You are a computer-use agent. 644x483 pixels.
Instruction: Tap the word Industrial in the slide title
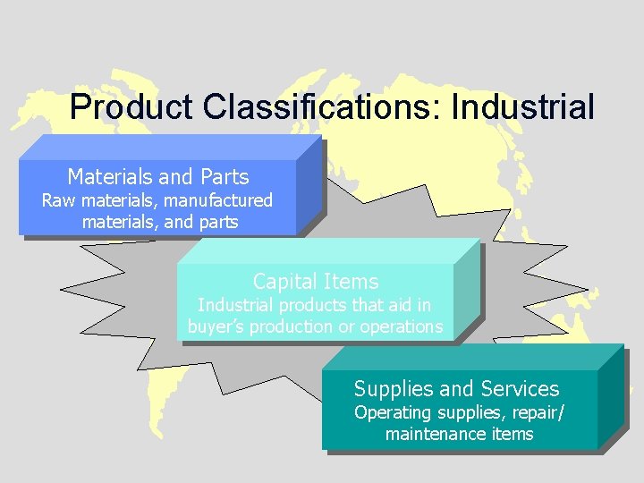pos(522,107)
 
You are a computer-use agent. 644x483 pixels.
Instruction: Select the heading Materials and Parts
pos(158,177)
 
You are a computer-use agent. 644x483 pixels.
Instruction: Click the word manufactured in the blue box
pos(218,200)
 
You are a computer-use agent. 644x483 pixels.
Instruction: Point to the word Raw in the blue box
pos(57,200)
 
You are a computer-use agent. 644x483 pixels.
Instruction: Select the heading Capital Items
pos(316,282)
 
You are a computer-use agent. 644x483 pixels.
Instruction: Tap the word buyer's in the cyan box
pos(216,327)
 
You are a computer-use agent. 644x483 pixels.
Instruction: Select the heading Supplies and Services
pos(456,389)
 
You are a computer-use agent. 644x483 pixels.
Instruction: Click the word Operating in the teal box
pos(392,412)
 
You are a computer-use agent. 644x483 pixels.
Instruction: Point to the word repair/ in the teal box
pos(537,412)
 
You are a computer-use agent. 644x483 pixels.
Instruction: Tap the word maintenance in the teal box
pos(435,435)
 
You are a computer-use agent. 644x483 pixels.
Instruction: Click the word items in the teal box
pos(512,435)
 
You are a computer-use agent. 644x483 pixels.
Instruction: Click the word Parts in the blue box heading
pos(225,177)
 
